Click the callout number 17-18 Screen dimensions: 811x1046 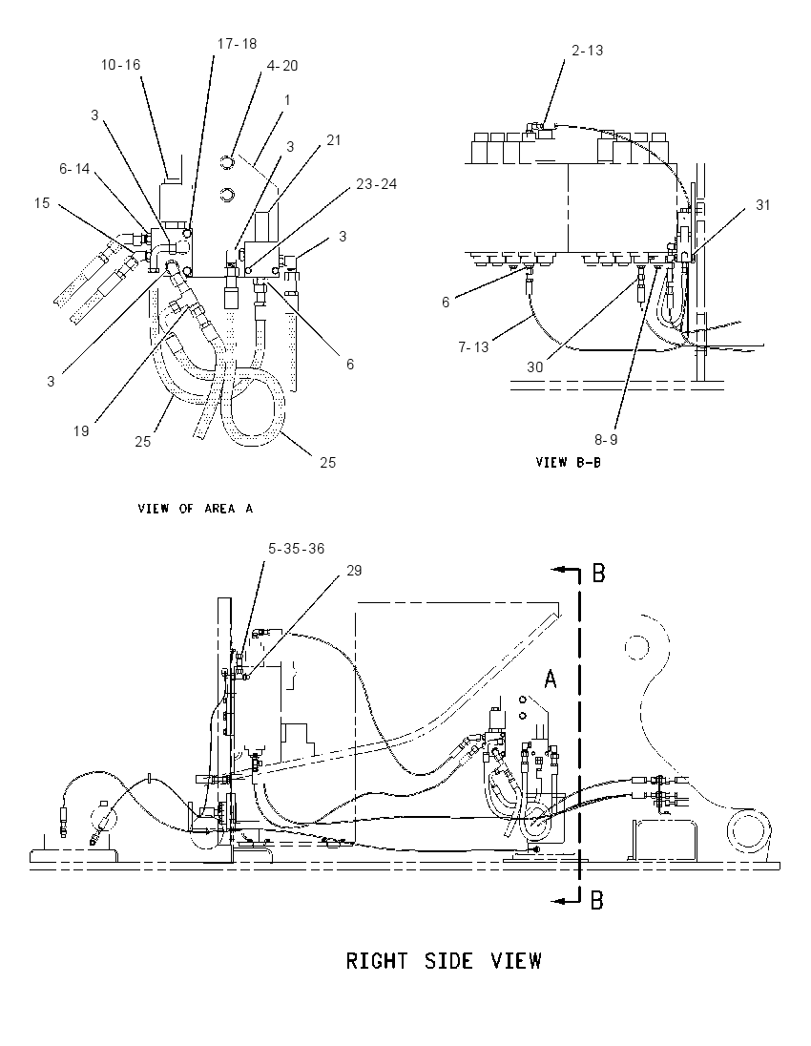coord(237,44)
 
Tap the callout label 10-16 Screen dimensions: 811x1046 coord(121,65)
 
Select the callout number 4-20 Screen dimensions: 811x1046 coord(282,65)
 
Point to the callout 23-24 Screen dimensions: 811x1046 coord(376,183)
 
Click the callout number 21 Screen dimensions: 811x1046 coord(334,139)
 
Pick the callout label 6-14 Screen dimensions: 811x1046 coord(74,169)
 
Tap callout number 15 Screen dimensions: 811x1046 coord(42,202)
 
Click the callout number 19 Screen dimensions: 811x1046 coord(81,431)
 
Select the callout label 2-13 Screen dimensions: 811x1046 coord(588,50)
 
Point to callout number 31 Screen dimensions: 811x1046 coord(763,205)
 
